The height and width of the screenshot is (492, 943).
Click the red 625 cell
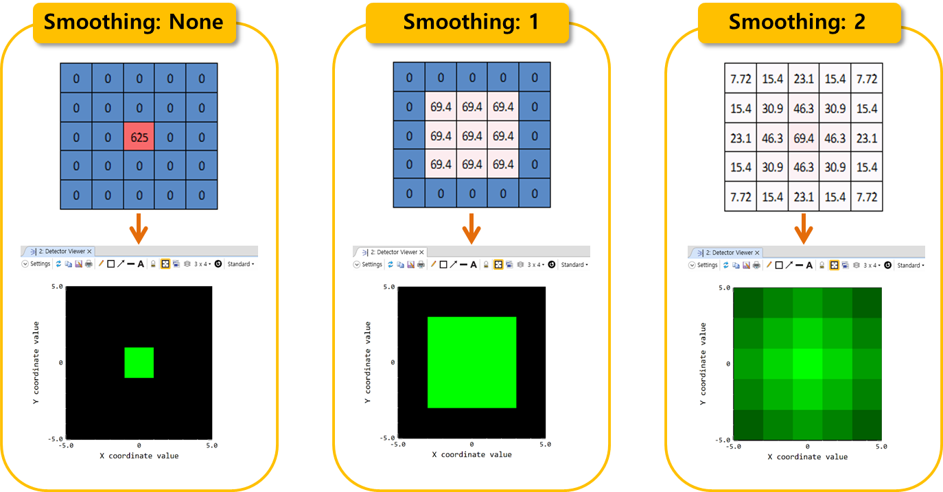pyautogui.click(x=139, y=137)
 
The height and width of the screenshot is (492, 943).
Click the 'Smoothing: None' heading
pyautogui.click(x=134, y=22)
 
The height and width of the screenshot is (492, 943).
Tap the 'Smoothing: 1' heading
pyautogui.click(x=470, y=22)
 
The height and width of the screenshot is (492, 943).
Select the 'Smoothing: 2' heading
pyautogui.click(x=797, y=22)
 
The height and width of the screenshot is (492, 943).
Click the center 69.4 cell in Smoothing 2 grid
pyautogui.click(x=804, y=138)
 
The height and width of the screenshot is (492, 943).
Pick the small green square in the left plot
pyautogui.click(x=139, y=362)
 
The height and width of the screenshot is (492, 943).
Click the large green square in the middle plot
pyautogui.click(x=471, y=362)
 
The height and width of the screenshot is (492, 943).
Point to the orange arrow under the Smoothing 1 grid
pyautogui.click(x=470, y=228)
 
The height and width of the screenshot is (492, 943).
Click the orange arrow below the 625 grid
pyautogui.click(x=139, y=229)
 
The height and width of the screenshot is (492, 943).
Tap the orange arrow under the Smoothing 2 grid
pyautogui.click(x=804, y=228)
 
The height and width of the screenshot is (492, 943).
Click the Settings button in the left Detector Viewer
pyautogui.click(x=37, y=263)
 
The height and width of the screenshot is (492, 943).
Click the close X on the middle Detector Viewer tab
pyautogui.click(x=421, y=252)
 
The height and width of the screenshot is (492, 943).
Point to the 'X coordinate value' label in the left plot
pyautogui.click(x=139, y=456)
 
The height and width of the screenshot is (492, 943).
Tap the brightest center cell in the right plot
pyautogui.click(x=807, y=364)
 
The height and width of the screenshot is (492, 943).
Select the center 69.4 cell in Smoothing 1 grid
pyautogui.click(x=472, y=136)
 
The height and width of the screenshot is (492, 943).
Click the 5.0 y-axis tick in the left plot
pyautogui.click(x=58, y=286)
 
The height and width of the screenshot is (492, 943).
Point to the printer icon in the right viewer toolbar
pyautogui.click(x=756, y=265)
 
